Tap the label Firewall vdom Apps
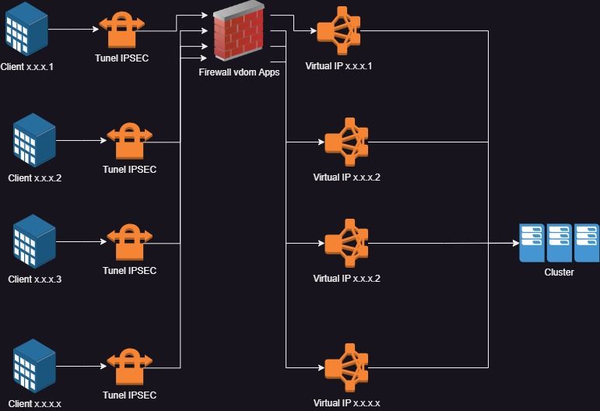click(x=239, y=72)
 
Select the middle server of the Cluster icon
click(x=560, y=242)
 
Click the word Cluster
click(x=560, y=272)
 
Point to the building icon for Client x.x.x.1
click(x=26, y=28)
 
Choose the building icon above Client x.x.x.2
click(x=35, y=140)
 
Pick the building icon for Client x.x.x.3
click(x=35, y=241)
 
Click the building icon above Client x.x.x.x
click(x=35, y=366)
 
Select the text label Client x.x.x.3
click(x=35, y=279)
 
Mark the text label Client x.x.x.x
click(x=35, y=403)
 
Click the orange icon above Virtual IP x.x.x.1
click(x=338, y=30)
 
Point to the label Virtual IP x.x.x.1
click(x=339, y=66)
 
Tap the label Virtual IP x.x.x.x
click(x=346, y=403)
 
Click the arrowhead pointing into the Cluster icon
click(x=515, y=243)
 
